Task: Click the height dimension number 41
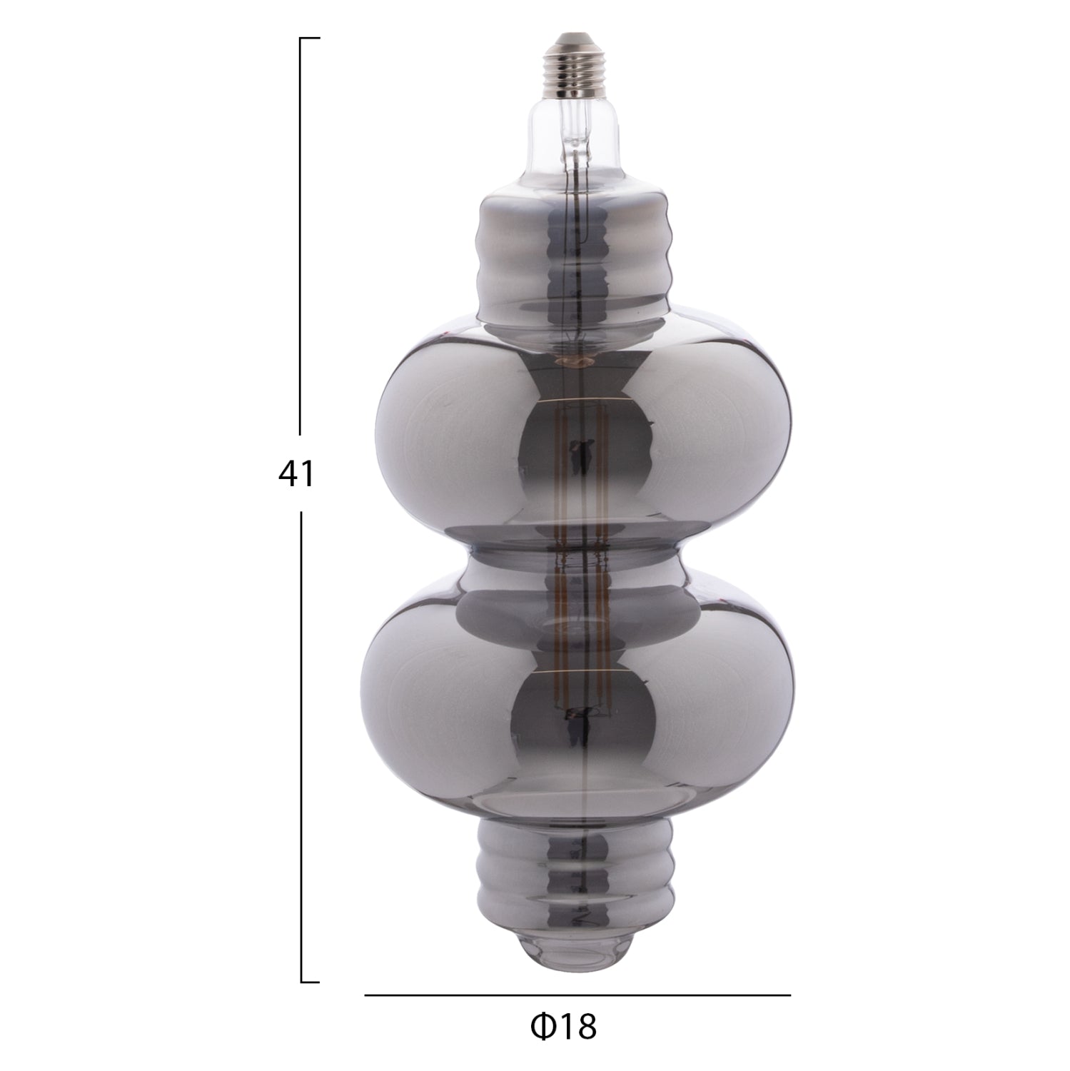click(x=296, y=473)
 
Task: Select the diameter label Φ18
click(x=564, y=1027)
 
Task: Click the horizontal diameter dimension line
click(x=578, y=995)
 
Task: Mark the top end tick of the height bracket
click(x=310, y=38)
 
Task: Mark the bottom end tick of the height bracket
click(x=310, y=982)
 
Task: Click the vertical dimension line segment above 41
click(x=301, y=236)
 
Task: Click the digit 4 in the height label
click(x=287, y=473)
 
